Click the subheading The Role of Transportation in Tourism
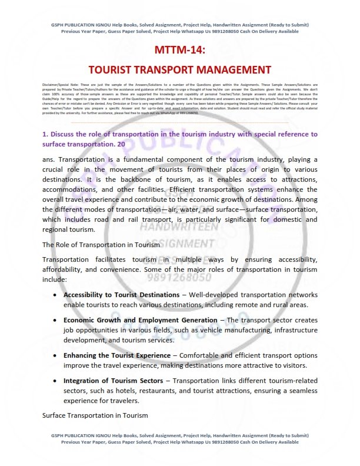[x=100, y=244]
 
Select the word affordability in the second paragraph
[x=67, y=269]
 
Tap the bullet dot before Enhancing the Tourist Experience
[x=55, y=355]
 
